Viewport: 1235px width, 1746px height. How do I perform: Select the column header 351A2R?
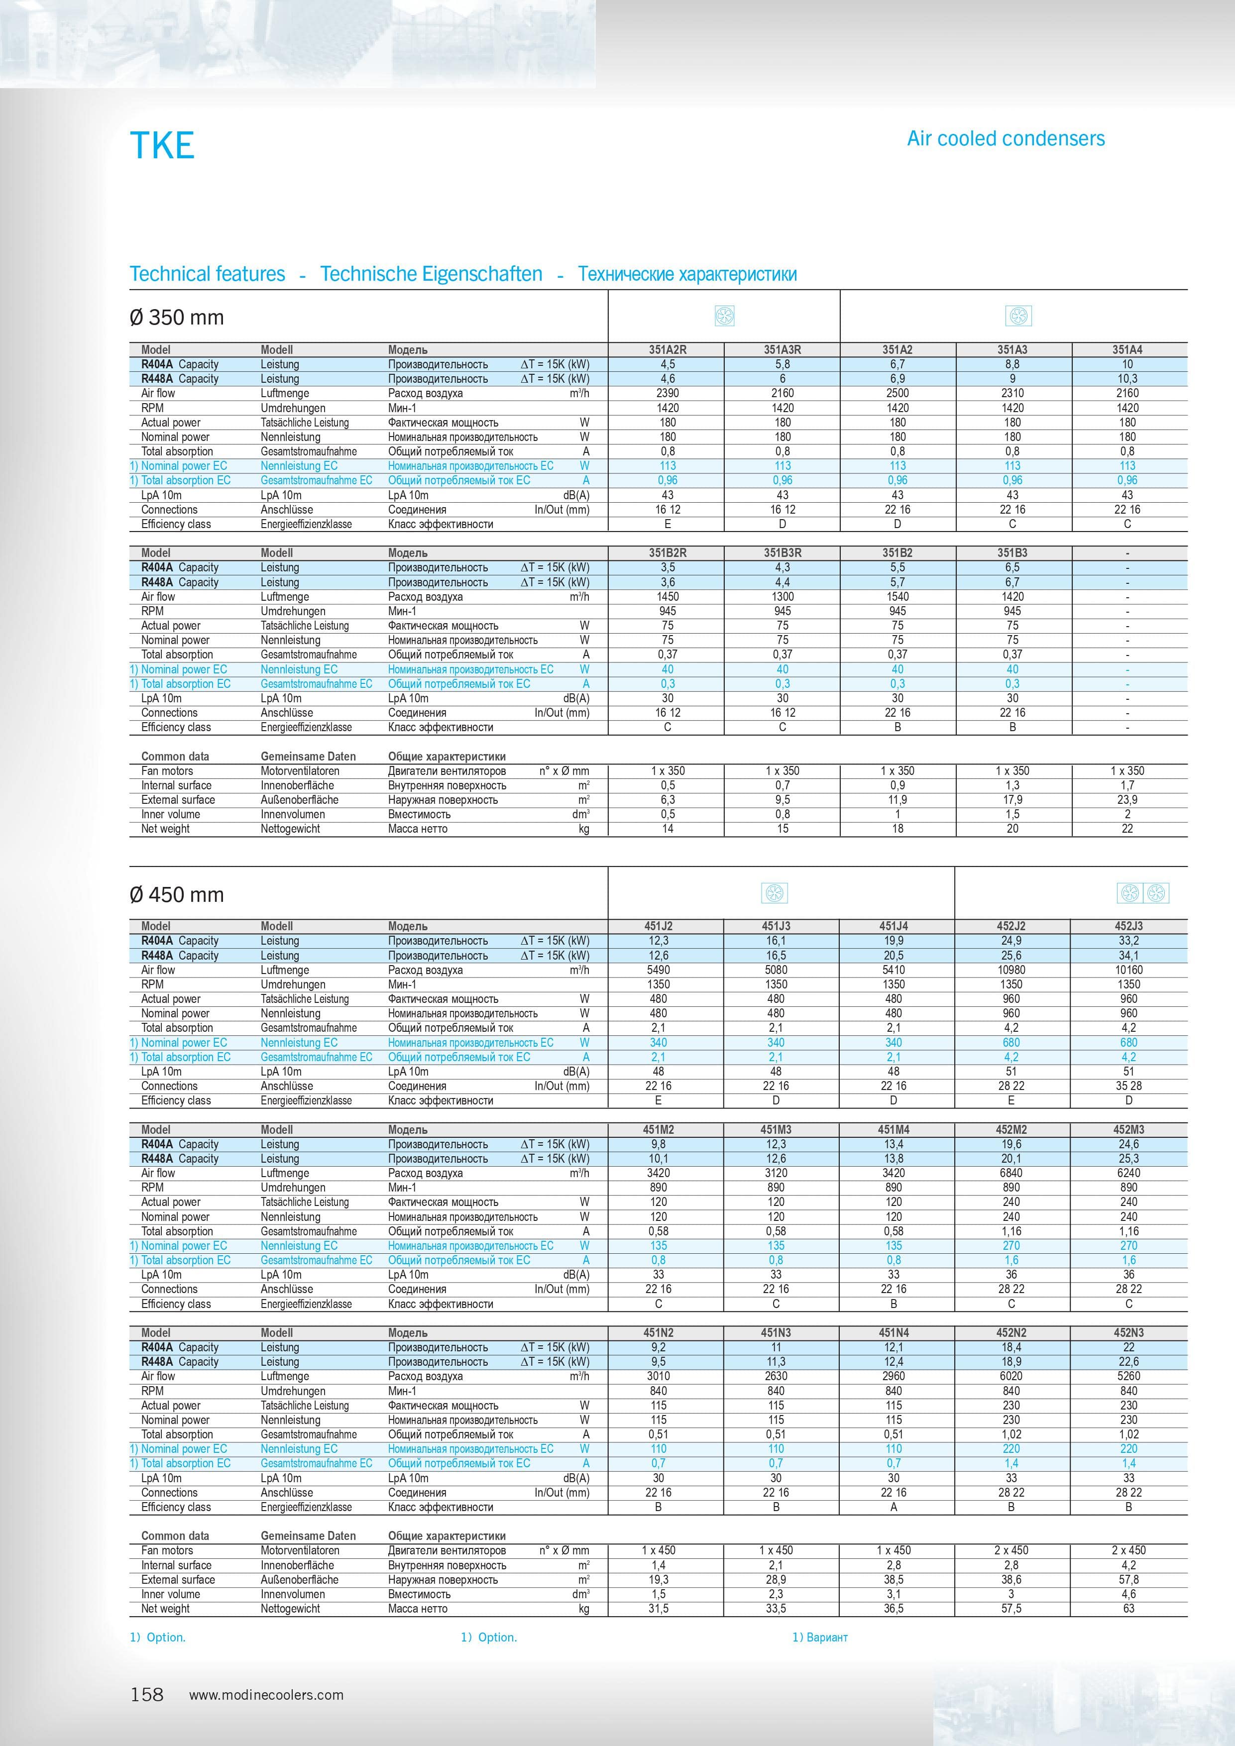[667, 350]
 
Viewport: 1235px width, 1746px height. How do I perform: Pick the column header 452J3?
[1128, 926]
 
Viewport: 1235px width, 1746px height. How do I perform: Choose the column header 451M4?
[894, 1129]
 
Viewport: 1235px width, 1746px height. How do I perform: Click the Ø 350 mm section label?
[177, 317]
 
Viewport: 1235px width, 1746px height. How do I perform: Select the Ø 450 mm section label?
[177, 894]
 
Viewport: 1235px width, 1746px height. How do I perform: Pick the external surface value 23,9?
[1127, 800]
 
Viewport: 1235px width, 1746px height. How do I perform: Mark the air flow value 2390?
[667, 393]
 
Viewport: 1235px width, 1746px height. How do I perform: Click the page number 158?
[147, 1694]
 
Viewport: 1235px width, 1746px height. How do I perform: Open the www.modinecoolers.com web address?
[266, 1695]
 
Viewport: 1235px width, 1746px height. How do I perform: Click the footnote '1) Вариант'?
[820, 1637]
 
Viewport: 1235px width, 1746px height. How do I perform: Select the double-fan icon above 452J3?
[1143, 893]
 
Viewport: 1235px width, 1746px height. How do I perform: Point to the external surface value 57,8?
[1128, 1579]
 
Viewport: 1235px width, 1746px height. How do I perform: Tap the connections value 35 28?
[1128, 1086]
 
